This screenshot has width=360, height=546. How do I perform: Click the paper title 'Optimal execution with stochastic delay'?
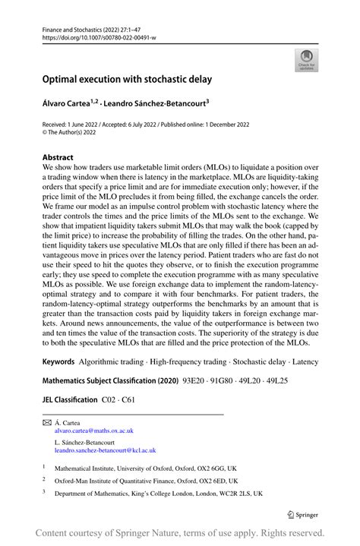127,78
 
